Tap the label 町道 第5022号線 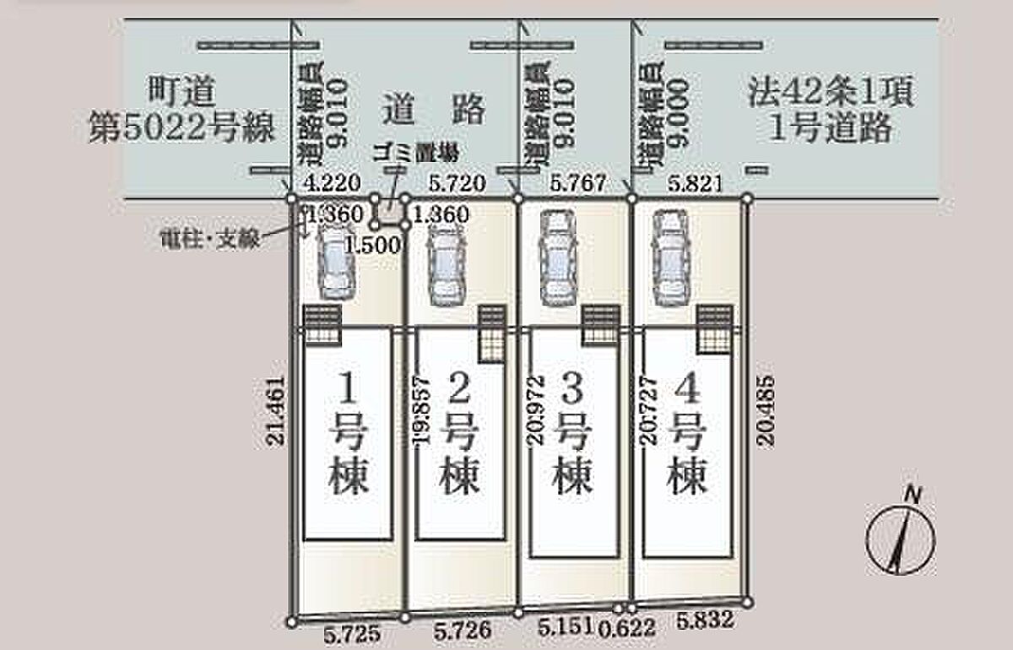181,109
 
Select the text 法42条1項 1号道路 830,109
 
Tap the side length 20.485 767,407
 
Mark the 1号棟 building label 345,434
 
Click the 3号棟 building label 572,434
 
